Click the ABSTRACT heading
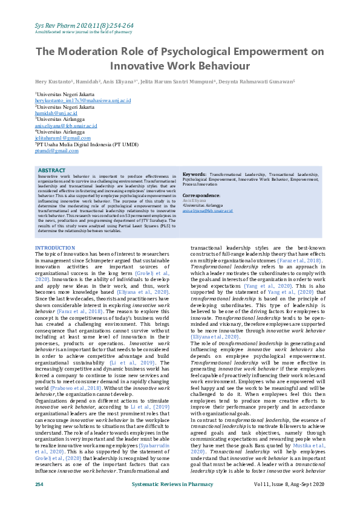click(x=51, y=170)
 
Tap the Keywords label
click(x=195, y=173)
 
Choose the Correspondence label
click(x=201, y=196)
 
